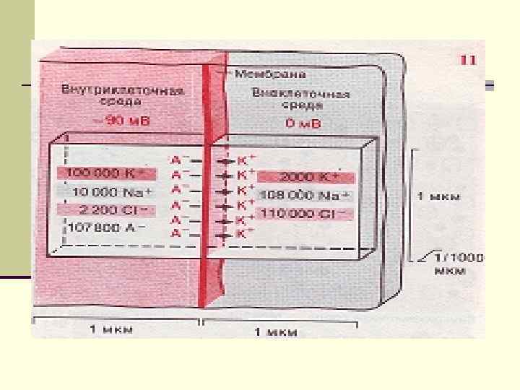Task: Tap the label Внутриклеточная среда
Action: point(121,97)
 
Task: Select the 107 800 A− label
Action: point(104,227)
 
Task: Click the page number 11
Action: point(468,60)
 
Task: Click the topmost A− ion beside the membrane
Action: point(178,159)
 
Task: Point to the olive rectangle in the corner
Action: point(17,144)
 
